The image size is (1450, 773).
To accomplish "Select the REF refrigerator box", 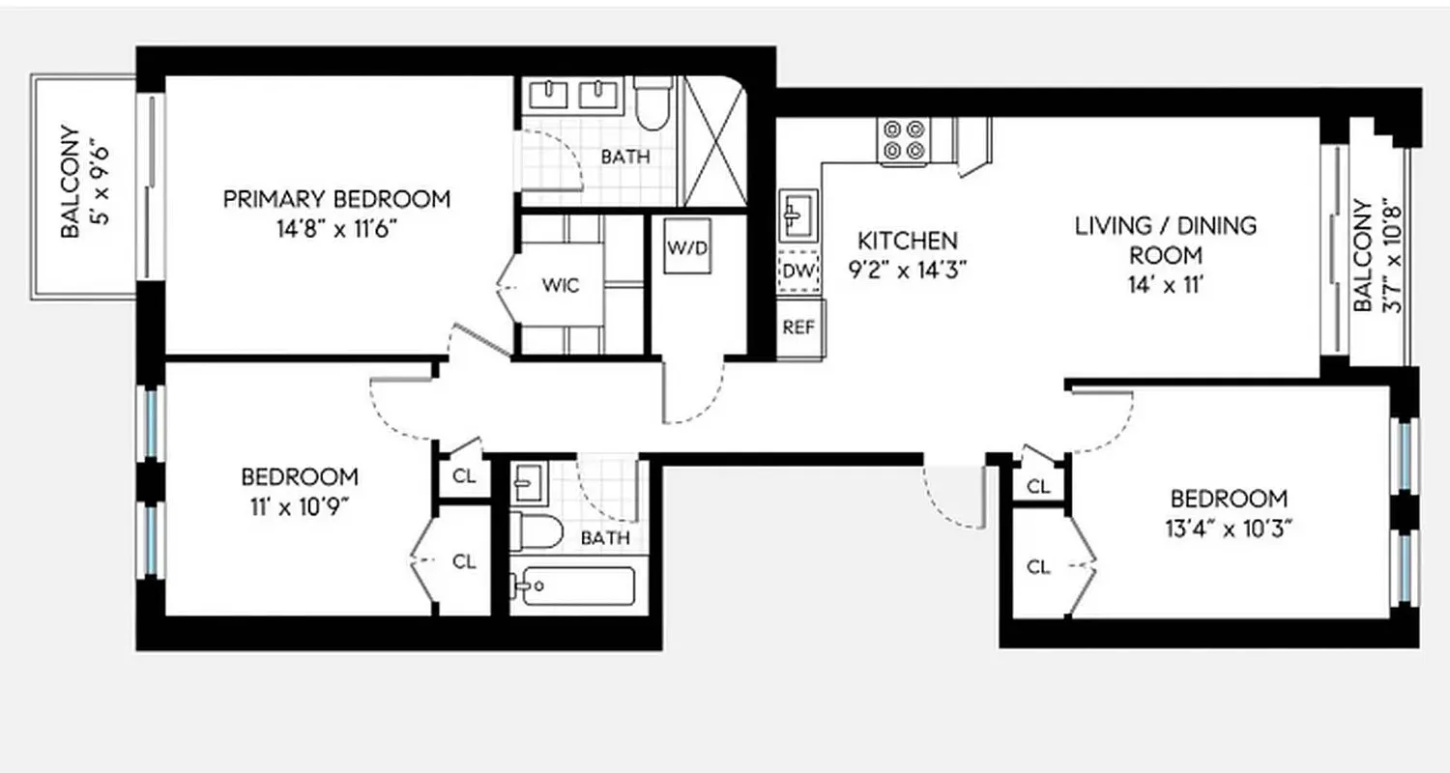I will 798,327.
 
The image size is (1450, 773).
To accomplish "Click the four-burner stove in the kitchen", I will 904,139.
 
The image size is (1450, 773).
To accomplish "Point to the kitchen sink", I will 798,215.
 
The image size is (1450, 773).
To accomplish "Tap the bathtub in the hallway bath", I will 572,587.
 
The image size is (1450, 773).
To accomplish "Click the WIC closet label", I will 561,286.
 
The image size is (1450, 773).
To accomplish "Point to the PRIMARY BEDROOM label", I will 336,199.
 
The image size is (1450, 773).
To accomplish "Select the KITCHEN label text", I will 908,241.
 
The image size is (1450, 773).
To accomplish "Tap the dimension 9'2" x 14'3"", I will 908,271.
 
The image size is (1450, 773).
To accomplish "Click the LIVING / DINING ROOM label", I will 1166,241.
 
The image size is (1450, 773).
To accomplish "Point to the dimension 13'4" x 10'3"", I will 1229,529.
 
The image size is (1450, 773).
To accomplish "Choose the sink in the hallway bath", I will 529,478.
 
